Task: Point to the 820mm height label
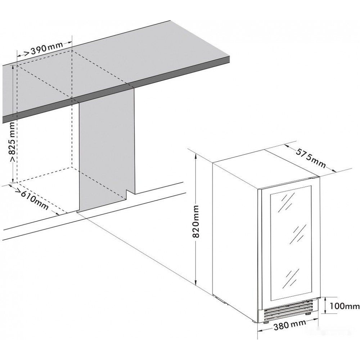pos(196,221)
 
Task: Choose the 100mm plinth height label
pos(344,306)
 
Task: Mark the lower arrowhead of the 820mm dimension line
pos(195,282)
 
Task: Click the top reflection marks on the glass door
pos(286,202)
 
